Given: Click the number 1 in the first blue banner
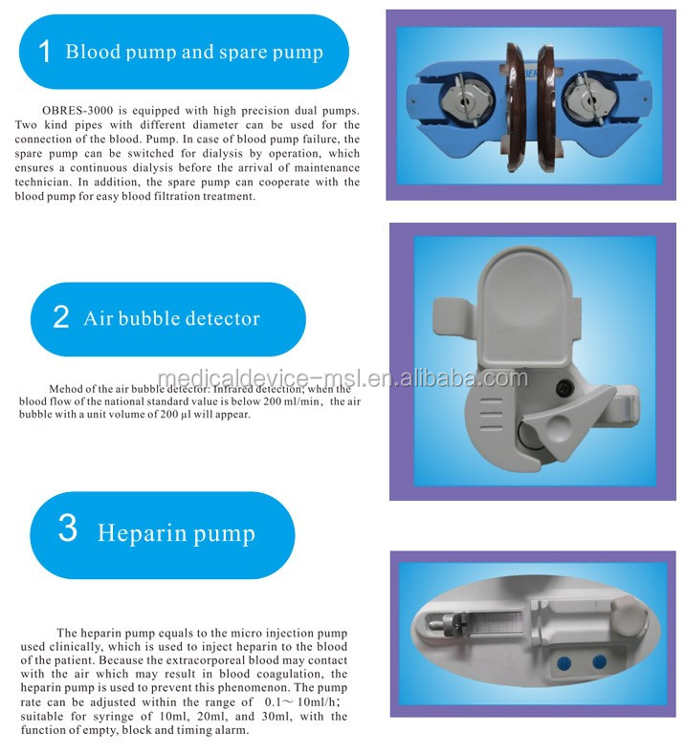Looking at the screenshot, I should pos(44,52).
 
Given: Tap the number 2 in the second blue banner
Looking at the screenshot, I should pos(61,318).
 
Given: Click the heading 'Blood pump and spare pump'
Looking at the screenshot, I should pos(194,52).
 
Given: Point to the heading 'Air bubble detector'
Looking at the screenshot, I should pos(171,318).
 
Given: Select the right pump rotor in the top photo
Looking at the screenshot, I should pos(589,99).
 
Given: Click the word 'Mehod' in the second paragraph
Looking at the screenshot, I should pos(66,389).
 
